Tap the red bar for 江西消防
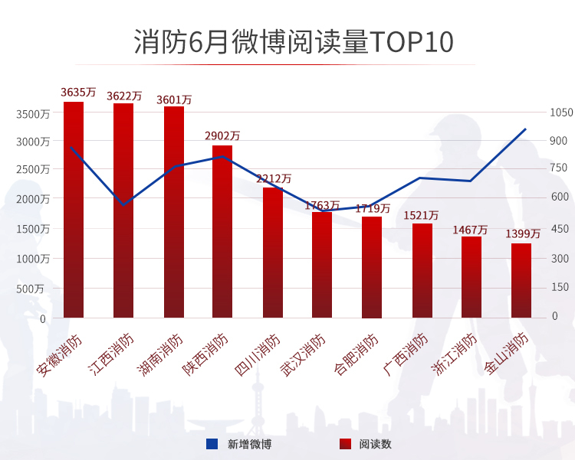(x=123, y=210)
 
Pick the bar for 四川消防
(x=273, y=253)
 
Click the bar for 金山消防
(x=521, y=280)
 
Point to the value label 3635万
(x=78, y=92)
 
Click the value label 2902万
(x=222, y=135)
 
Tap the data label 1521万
(x=421, y=215)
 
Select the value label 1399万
(x=523, y=233)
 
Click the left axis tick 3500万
(x=33, y=113)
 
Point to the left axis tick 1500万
(x=33, y=229)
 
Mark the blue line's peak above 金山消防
(x=525, y=129)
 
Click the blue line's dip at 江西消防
(x=123, y=204)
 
